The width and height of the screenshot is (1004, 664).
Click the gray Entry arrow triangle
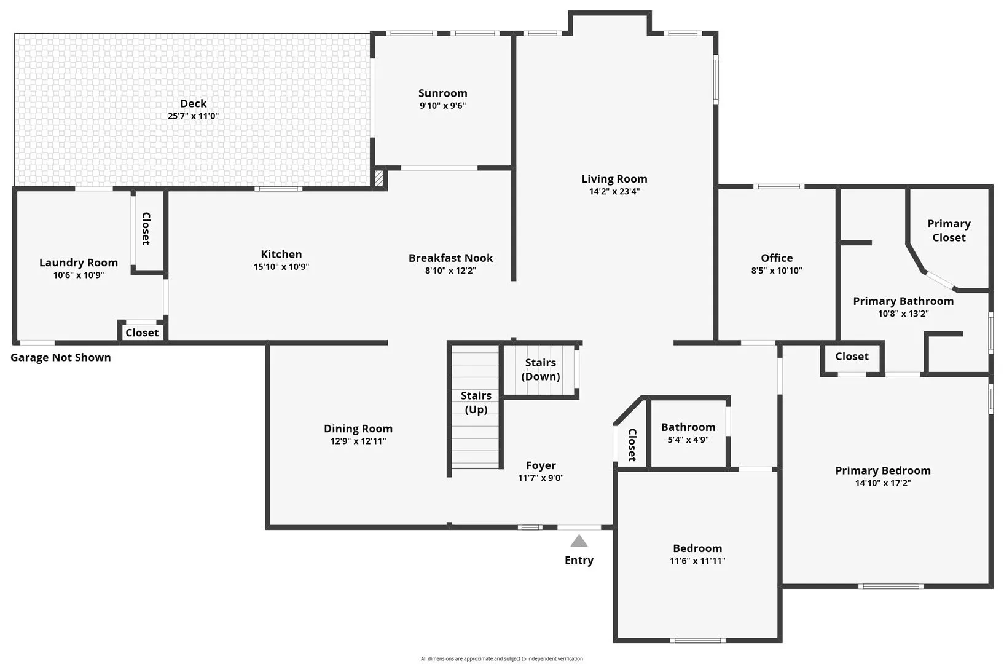pyautogui.click(x=579, y=540)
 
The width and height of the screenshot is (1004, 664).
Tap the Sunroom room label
pyautogui.click(x=443, y=93)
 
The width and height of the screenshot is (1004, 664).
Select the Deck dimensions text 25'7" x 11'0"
pyautogui.click(x=193, y=116)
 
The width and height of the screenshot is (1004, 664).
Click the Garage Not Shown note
pyautogui.click(x=60, y=357)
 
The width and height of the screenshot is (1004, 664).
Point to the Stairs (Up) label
pyautogui.click(x=476, y=402)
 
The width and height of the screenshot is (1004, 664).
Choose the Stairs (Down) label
pyautogui.click(x=541, y=370)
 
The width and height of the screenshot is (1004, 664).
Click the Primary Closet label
pyautogui.click(x=949, y=231)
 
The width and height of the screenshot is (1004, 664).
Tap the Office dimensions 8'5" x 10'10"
pyautogui.click(x=777, y=271)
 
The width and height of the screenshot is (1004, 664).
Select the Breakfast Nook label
pyautogui.click(x=450, y=258)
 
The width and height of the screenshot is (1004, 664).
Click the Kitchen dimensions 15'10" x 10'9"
pyautogui.click(x=281, y=267)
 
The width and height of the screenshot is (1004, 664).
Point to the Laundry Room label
pyautogui.click(x=79, y=263)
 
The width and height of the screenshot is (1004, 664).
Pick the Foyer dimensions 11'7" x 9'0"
pyautogui.click(x=541, y=478)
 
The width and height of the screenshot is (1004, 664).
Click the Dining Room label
pyautogui.click(x=358, y=429)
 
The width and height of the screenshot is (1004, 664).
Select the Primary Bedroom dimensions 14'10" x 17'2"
pyautogui.click(x=882, y=483)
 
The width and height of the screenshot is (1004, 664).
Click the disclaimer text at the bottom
pyautogui.click(x=501, y=658)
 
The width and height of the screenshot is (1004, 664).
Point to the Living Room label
pyautogui.click(x=614, y=179)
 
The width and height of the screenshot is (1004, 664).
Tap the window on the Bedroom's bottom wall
pyautogui.click(x=697, y=640)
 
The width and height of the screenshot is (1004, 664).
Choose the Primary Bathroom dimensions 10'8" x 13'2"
pyautogui.click(x=903, y=314)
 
